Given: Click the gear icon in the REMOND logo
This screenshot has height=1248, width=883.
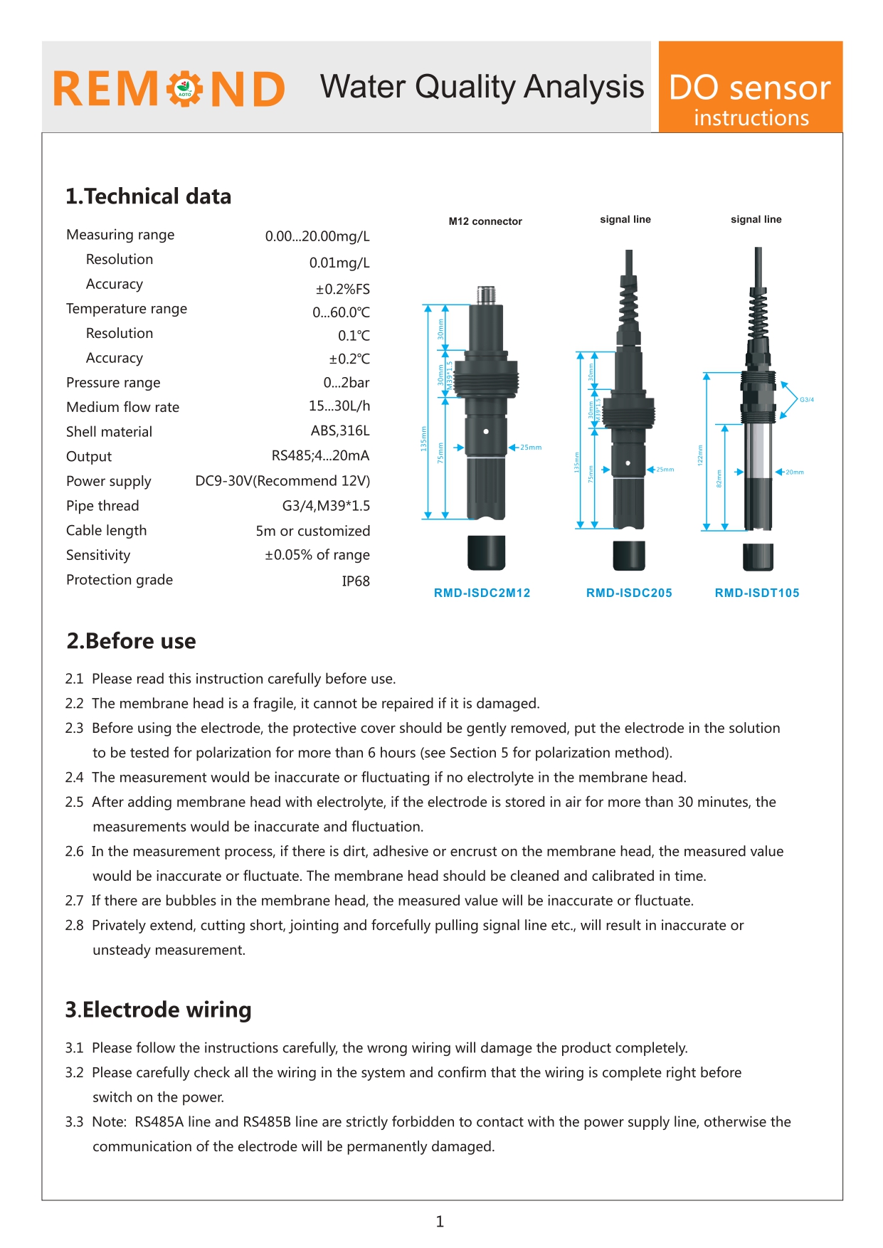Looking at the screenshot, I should click(185, 89).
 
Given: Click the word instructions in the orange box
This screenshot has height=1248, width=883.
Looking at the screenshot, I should click(751, 117).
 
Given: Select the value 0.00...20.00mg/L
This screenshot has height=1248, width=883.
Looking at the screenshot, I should click(317, 236).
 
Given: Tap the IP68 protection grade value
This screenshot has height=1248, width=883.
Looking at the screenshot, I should click(356, 581).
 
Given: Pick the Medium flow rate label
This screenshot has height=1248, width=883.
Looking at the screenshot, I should click(122, 407).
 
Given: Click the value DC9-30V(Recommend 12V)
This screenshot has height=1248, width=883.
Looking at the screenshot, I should click(282, 481).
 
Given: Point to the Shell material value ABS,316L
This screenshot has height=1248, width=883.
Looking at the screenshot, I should click(340, 431).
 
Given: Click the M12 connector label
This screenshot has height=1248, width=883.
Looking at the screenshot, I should click(485, 221).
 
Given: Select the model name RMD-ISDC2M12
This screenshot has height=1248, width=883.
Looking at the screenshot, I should click(482, 593).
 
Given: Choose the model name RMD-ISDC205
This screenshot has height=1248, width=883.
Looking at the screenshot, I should click(629, 593).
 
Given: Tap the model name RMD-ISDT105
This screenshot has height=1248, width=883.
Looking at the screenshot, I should click(757, 593).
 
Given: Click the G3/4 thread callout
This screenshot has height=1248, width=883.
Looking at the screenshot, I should click(807, 400).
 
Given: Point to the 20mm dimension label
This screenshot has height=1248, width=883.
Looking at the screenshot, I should click(795, 472).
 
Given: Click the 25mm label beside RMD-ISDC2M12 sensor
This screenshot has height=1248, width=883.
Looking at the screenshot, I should click(531, 448).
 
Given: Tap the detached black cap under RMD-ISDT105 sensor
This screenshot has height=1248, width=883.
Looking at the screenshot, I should click(758, 557).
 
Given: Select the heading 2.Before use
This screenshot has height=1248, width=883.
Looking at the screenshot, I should click(131, 641).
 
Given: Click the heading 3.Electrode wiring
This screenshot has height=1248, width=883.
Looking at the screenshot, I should click(158, 1010).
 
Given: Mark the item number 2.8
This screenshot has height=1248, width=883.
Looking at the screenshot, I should click(74, 926).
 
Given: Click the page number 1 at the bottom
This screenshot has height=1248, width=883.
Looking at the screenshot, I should click(440, 1222).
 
